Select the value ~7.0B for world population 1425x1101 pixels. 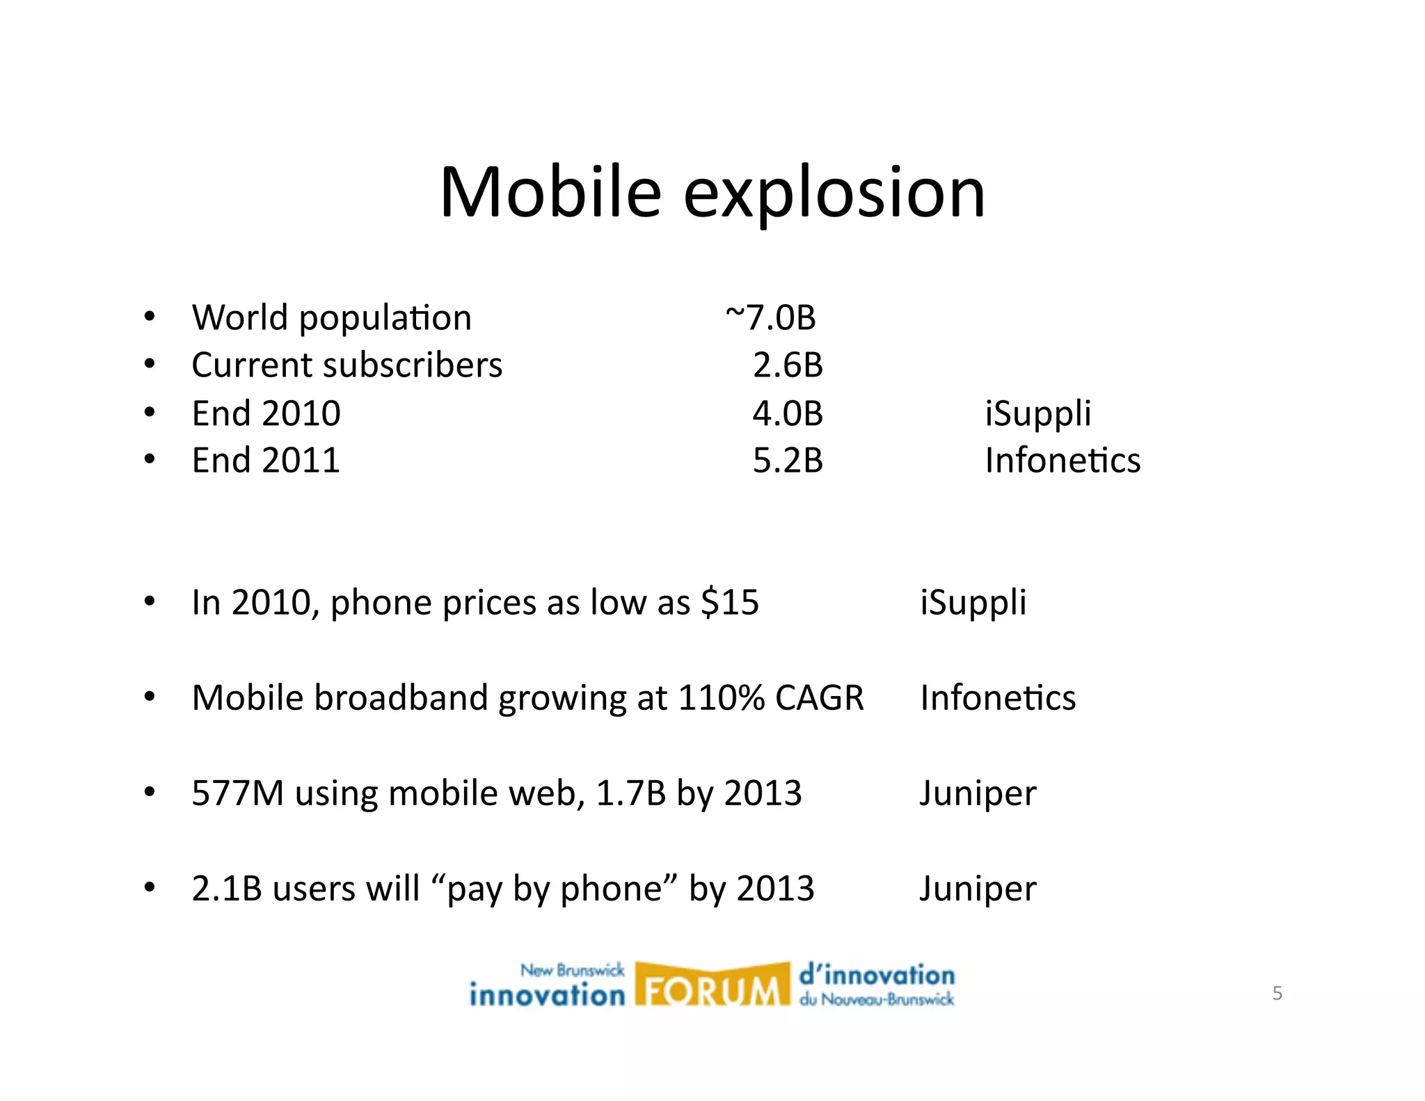point(770,318)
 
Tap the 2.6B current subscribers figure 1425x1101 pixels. point(788,365)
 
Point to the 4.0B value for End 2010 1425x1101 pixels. point(788,413)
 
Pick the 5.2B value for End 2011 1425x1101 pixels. point(788,461)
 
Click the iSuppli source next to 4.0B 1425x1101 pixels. point(1037,414)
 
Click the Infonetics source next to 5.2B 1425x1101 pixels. point(1062,461)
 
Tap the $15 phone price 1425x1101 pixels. point(730,602)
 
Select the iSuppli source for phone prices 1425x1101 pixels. point(973,603)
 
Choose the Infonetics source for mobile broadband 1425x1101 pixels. point(998,697)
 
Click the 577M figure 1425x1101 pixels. point(238,793)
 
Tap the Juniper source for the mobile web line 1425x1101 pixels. point(978,794)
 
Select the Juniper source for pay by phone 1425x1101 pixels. point(978,889)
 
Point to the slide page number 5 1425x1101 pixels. point(1277,993)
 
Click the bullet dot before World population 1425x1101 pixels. point(150,317)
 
